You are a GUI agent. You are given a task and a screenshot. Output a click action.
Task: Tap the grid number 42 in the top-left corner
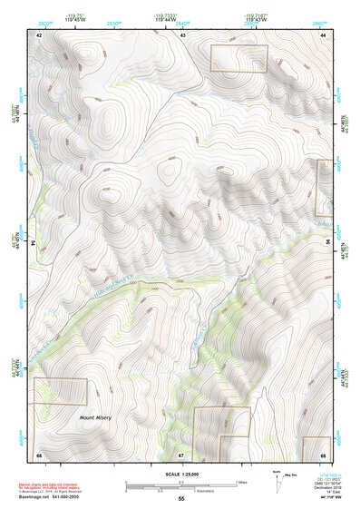[x=39, y=34]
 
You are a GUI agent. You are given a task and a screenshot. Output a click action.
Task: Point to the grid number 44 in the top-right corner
[x=323, y=34]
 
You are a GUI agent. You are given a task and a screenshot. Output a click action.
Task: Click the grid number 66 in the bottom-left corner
[x=39, y=455]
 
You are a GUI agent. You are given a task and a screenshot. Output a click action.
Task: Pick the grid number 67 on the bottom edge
[x=180, y=455]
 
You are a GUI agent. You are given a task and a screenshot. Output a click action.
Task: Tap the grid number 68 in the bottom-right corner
[x=323, y=455]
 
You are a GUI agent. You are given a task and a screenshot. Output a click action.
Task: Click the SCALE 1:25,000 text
[x=180, y=475]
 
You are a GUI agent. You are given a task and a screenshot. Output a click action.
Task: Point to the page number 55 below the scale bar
[x=180, y=499]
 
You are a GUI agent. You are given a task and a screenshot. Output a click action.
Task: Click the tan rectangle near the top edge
[x=239, y=59]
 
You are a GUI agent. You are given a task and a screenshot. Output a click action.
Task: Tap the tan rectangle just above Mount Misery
[x=60, y=392]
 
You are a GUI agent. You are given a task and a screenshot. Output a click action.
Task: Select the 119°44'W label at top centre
[x=183, y=17]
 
